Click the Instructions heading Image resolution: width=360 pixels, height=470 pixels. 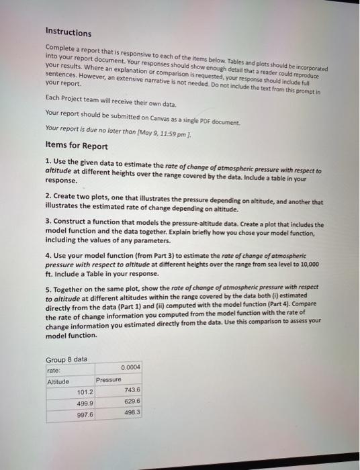(x=68, y=32)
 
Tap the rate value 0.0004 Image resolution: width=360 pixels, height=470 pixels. (x=131, y=367)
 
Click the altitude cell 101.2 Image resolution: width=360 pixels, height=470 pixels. (x=85, y=392)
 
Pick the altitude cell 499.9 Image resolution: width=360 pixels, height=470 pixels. (x=85, y=404)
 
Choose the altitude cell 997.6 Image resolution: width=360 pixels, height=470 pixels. (x=85, y=415)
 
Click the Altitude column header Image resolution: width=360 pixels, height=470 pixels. (x=58, y=381)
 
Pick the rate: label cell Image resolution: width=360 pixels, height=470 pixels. (x=54, y=370)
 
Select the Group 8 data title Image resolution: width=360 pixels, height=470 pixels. (x=66, y=359)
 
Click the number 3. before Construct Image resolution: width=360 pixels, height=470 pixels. (x=48, y=225)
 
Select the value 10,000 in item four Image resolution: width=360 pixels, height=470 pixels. (x=306, y=264)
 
